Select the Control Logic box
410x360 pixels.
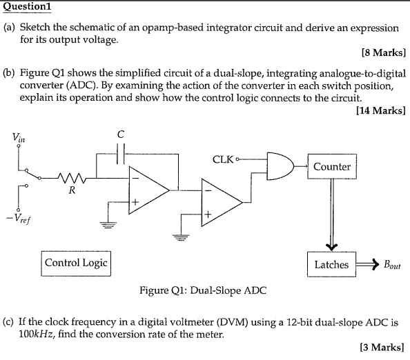coord(76,263)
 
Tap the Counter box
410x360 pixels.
coord(332,167)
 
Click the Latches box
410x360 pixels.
coord(331,265)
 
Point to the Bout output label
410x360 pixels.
coord(392,266)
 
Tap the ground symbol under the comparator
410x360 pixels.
coord(182,237)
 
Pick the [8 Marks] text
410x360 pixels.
coord(383,52)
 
